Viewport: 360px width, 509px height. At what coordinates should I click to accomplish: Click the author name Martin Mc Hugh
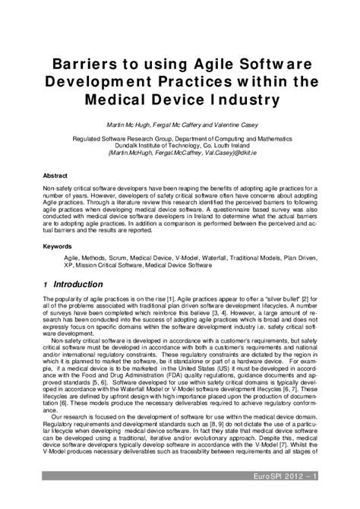pos(124,125)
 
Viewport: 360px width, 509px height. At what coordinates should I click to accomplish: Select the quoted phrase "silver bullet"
pos(285,301)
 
